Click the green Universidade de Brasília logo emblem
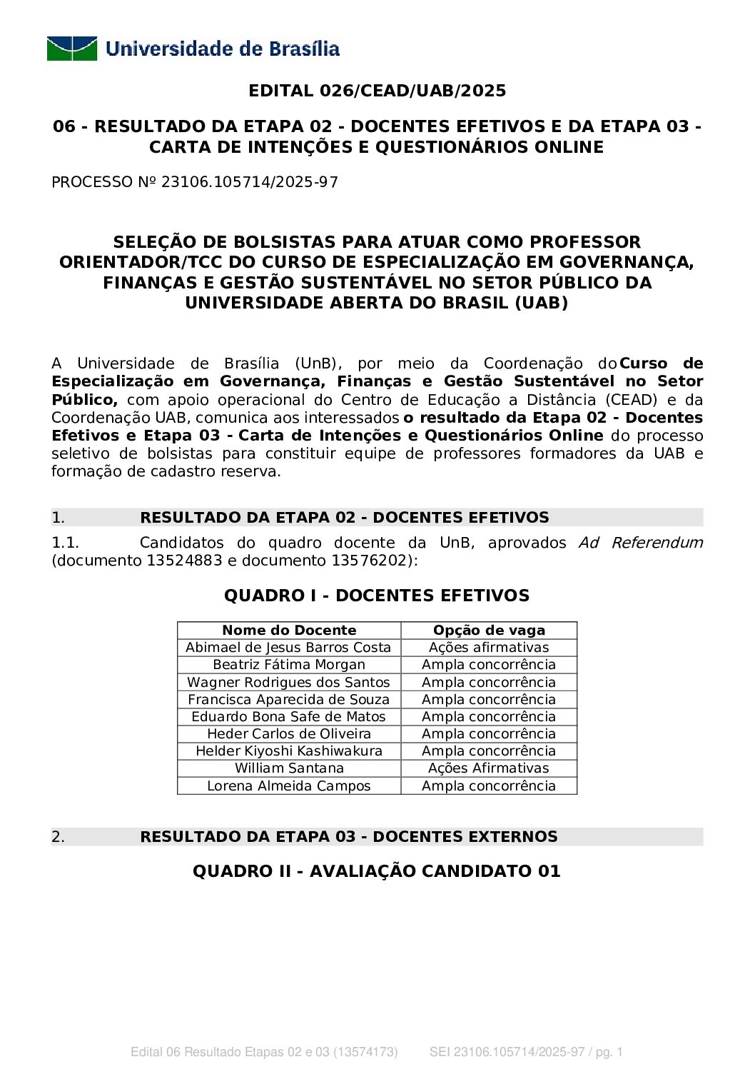coord(72,49)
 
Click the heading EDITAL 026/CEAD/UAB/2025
coord(377,91)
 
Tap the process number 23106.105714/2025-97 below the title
coord(249,182)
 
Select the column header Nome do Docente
coord(289,630)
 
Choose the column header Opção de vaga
coord(489,630)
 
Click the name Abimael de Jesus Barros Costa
coord(288,647)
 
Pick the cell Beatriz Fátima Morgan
coord(289,664)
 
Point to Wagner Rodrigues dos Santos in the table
coord(288,682)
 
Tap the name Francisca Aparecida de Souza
coord(288,699)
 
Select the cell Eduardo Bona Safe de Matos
coord(288,716)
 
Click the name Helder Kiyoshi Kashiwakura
coord(289,751)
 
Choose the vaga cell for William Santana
coord(489,768)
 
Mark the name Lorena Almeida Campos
coord(289,786)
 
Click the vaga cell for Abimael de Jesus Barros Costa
coord(489,647)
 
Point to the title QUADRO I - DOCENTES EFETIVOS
coord(377,596)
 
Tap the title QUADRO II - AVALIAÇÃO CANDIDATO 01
coord(377,871)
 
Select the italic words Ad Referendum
coord(640,543)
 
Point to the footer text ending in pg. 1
coord(526,1052)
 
